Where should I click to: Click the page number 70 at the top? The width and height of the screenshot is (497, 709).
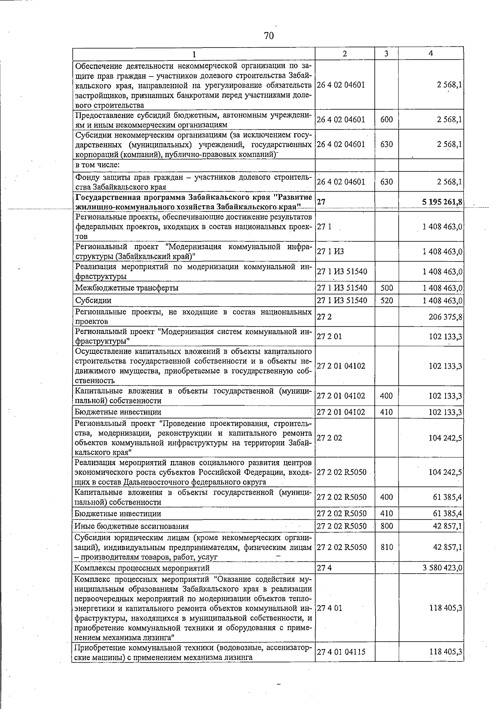pyautogui.click(x=269, y=36)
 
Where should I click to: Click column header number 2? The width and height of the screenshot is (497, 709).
pyautogui.click(x=345, y=53)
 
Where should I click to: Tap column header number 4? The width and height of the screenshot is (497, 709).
pyautogui.click(x=431, y=53)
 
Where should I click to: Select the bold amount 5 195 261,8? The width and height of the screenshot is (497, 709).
pyautogui.click(x=442, y=202)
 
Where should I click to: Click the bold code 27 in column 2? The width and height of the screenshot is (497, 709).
pyautogui.click(x=321, y=202)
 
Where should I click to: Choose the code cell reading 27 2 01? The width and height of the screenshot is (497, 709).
pyautogui.click(x=329, y=336)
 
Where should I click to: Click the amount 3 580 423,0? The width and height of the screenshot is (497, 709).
pyautogui.click(x=442, y=568)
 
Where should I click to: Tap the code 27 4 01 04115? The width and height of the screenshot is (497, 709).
pyautogui.click(x=341, y=652)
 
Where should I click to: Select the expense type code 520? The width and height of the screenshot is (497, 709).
pyautogui.click(x=386, y=300)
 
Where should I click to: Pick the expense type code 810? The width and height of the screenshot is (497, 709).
pyautogui.click(x=386, y=547)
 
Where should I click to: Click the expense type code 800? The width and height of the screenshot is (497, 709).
pyautogui.click(x=386, y=526)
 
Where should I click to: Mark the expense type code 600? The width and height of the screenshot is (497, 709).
pyautogui.click(x=386, y=120)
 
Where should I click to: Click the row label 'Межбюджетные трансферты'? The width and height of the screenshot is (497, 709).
pyautogui.click(x=127, y=288)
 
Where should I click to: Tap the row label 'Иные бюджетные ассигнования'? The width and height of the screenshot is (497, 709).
pyautogui.click(x=131, y=526)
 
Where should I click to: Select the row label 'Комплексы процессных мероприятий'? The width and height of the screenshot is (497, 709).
pyautogui.click(x=142, y=568)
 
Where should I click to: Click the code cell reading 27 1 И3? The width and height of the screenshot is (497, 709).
pyautogui.click(x=330, y=252)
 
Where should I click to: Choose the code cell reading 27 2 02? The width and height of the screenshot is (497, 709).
pyautogui.click(x=329, y=438)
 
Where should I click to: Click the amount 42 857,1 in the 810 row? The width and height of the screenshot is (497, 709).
pyautogui.click(x=447, y=547)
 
